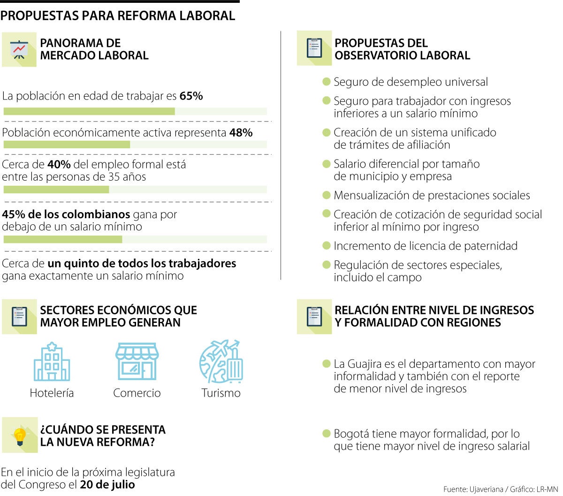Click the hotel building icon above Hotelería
(x=52, y=361)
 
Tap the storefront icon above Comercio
(x=137, y=361)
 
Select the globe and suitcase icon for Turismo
(x=221, y=361)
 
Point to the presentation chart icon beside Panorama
(x=19, y=49)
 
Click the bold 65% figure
(x=191, y=96)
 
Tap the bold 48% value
(x=241, y=133)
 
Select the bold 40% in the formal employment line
(x=59, y=165)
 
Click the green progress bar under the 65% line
(x=89, y=111)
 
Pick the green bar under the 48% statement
(x=67, y=145)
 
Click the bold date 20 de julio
(x=107, y=485)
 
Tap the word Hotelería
(x=52, y=393)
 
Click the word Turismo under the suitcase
(x=221, y=393)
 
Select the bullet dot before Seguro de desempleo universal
(x=327, y=82)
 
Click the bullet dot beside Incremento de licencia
(x=327, y=245)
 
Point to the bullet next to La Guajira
(x=327, y=364)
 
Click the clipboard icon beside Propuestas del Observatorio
(x=314, y=48)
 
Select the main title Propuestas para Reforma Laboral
(x=118, y=15)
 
